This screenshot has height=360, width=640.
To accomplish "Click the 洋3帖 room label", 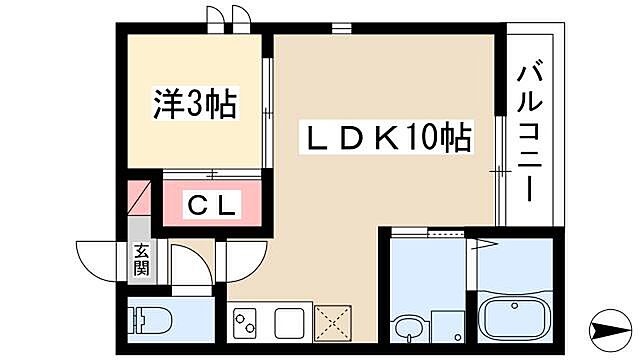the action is (194, 103).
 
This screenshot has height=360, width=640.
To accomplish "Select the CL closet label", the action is (213, 207).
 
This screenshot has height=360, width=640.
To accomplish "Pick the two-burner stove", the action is (246, 322).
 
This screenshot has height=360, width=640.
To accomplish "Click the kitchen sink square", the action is (288, 322).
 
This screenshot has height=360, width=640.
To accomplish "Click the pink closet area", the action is (213, 207).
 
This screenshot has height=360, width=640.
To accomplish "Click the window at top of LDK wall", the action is (343, 27).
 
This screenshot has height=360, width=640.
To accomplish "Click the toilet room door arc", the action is (190, 267).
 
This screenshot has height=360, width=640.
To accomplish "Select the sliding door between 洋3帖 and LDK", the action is (268, 110).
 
